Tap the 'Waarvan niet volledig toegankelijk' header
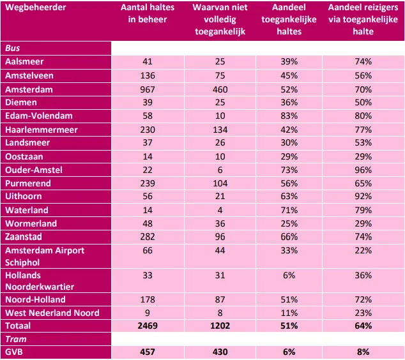tap(220, 19)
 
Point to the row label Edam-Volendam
tap(38, 116)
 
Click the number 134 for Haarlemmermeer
tap(220, 130)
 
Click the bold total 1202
tap(220, 326)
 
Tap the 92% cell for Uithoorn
tap(363, 197)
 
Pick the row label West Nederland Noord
tap(52, 313)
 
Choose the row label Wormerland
tap(31, 223)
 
